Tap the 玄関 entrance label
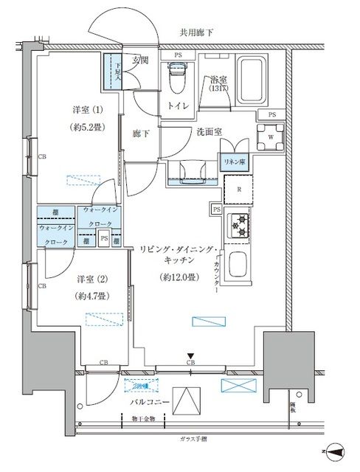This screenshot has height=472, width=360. (x=141, y=60)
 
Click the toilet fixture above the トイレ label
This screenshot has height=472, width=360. (x=176, y=75)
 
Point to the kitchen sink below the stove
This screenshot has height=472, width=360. (x=240, y=264)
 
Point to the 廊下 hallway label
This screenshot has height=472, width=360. (x=142, y=134)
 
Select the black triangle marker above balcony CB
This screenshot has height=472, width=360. (x=190, y=355)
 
